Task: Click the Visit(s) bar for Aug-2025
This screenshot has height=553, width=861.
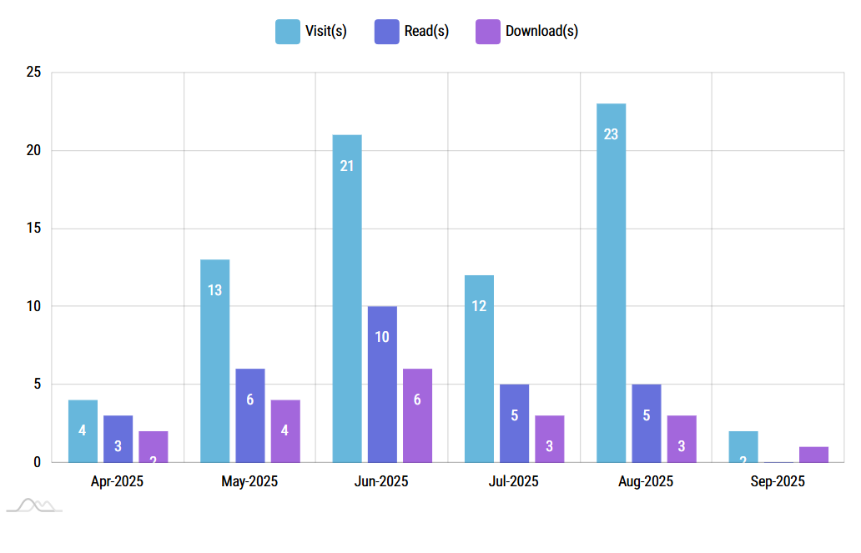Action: pos(611,283)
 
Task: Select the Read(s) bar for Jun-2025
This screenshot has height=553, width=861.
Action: pos(382,384)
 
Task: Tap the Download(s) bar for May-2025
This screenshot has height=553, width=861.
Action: pos(285,430)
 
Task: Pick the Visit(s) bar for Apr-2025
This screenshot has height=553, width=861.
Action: pos(83,430)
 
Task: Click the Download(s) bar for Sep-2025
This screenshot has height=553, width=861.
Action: pos(813,455)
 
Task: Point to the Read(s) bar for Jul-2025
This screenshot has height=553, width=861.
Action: pos(514,423)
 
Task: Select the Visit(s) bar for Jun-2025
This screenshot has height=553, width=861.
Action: pos(347,298)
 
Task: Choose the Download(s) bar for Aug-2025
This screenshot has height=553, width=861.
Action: pos(682,439)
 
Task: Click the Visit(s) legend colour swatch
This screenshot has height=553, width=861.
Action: pos(288,32)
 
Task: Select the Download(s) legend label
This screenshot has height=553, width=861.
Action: pos(541,32)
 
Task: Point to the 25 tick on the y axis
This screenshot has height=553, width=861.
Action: pos(34,73)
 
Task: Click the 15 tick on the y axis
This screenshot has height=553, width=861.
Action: pos(34,229)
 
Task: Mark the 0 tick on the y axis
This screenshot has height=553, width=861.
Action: pos(37,462)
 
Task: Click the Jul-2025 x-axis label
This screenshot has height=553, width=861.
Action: pos(513,481)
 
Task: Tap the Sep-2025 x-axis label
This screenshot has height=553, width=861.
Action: pos(778,481)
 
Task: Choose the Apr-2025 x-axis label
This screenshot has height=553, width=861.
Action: pos(117,481)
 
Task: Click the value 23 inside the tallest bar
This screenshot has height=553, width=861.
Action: pos(611,133)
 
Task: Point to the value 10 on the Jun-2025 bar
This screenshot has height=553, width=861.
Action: pos(382,337)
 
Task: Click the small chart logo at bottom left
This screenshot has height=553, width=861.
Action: pos(33,505)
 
